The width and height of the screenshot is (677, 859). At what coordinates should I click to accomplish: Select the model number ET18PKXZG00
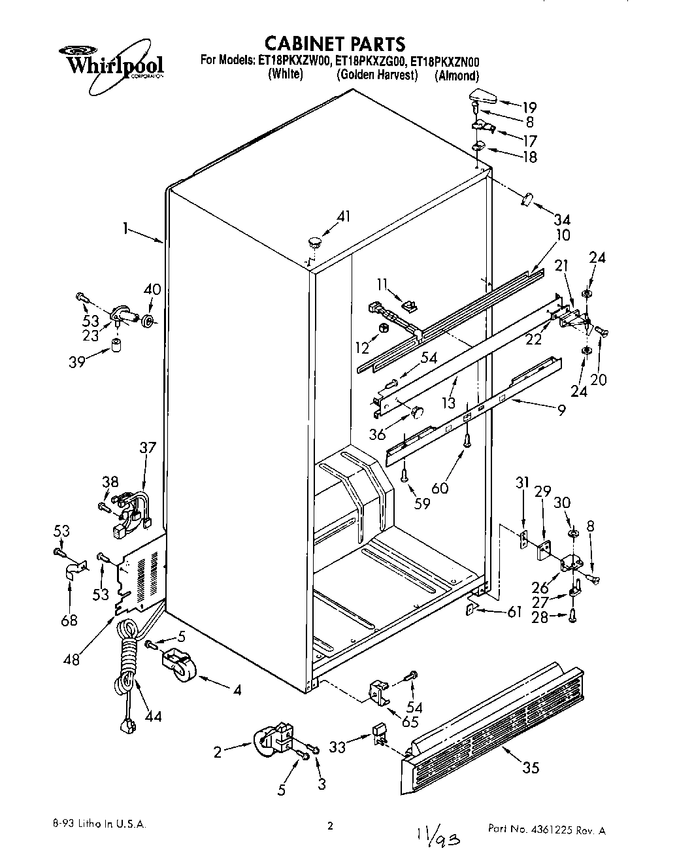pyautogui.click(x=371, y=61)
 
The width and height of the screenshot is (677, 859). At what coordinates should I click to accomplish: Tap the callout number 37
pyautogui.click(x=148, y=448)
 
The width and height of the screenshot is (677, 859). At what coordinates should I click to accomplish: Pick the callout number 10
pyautogui.click(x=563, y=235)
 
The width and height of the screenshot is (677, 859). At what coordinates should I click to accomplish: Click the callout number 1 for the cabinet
pyautogui.click(x=124, y=230)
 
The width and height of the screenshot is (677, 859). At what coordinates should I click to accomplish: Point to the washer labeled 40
pyautogui.click(x=148, y=322)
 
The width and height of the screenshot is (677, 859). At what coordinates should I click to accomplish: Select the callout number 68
pyautogui.click(x=69, y=620)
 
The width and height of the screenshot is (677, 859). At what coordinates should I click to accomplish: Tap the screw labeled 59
pyautogui.click(x=406, y=469)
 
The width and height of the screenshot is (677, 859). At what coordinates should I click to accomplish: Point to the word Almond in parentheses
pyautogui.click(x=457, y=76)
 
